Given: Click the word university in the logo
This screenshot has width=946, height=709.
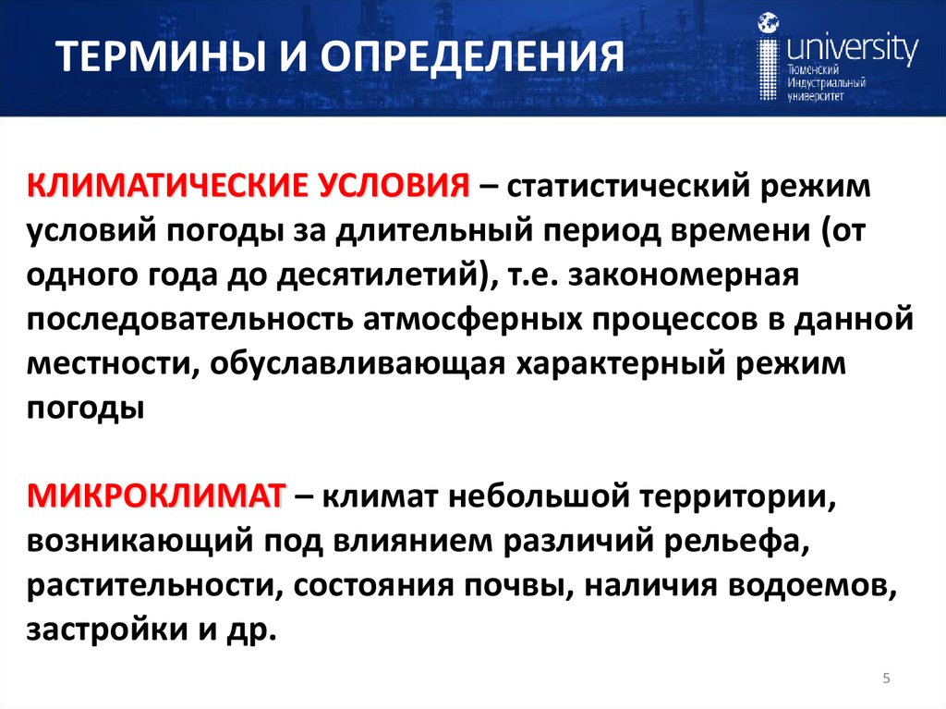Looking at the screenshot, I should click(850, 47).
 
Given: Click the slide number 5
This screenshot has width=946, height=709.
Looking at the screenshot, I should click(886, 679).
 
